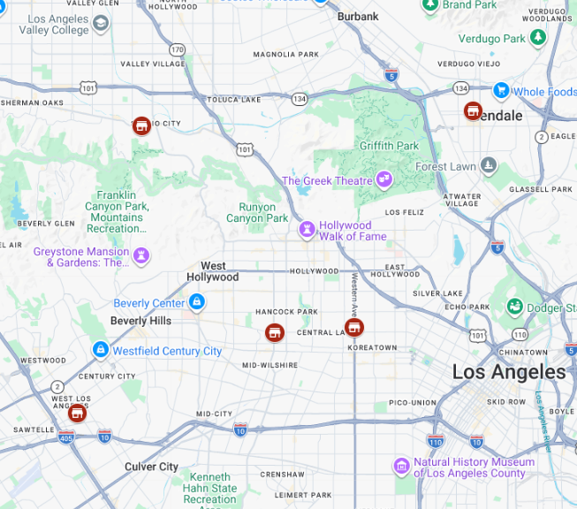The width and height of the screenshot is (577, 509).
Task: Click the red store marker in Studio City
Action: click(140, 125)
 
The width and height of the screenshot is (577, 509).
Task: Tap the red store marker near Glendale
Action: click(473, 111)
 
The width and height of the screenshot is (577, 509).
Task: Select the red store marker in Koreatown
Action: click(354, 328)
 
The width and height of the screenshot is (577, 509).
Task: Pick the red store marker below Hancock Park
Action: click(275, 332)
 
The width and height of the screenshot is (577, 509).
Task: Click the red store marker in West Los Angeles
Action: click(78, 413)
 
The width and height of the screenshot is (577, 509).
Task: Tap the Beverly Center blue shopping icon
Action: click(197, 303)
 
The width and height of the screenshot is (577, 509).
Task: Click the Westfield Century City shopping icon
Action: click(101, 351)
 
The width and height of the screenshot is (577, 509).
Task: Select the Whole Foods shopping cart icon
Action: click(501, 90)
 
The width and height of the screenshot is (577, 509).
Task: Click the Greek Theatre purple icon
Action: click(383, 180)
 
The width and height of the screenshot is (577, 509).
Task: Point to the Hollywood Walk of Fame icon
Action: click(307, 230)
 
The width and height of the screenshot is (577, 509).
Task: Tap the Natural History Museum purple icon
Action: click(402, 466)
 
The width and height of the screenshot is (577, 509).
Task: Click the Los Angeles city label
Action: click(508, 372)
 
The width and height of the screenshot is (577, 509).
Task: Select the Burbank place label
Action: click(358, 16)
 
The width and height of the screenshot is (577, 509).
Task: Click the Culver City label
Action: click(151, 467)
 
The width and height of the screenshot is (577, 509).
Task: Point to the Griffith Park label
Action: click(389, 146)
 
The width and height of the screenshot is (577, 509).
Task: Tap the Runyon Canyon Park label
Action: click(257, 212)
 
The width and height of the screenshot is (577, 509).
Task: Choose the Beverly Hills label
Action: click(140, 321)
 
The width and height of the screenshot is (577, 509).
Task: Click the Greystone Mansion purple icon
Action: click(141, 256)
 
